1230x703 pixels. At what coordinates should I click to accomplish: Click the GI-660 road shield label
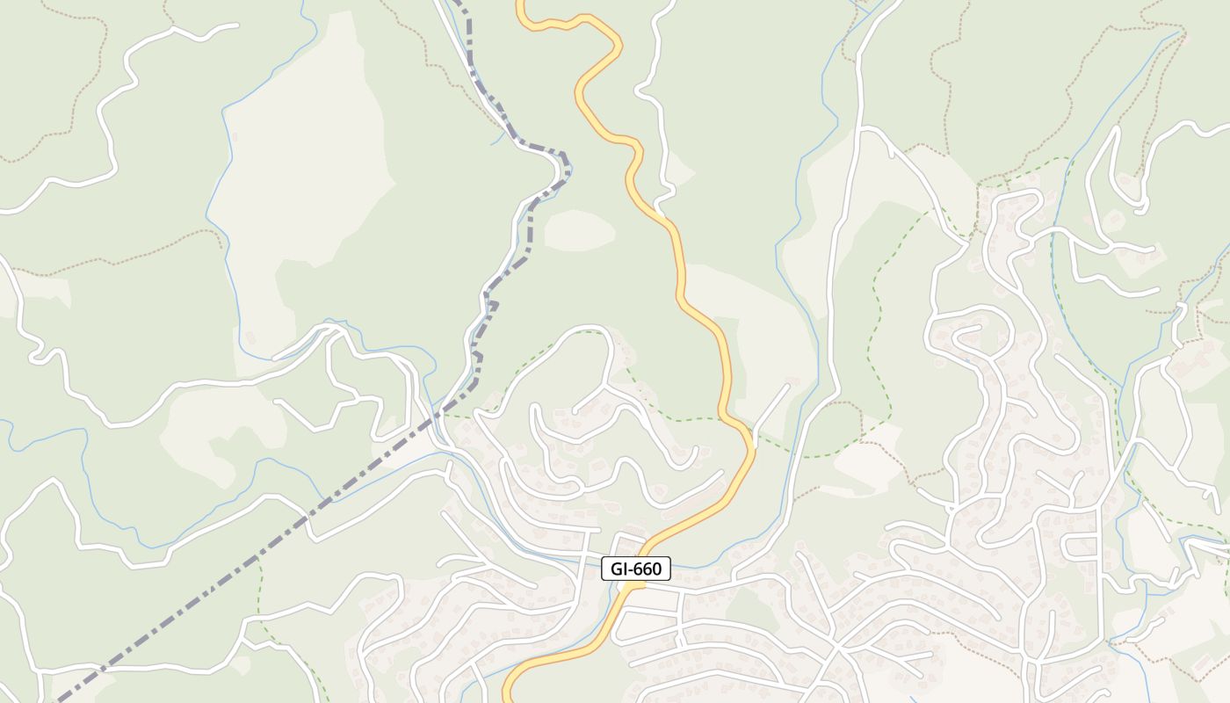point(636,569)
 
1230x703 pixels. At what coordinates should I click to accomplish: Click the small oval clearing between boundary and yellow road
point(579,230)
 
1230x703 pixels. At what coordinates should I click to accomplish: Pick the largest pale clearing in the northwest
point(299,176)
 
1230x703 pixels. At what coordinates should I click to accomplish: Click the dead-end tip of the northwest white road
point(235,25)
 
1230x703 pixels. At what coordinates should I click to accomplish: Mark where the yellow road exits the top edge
point(521,4)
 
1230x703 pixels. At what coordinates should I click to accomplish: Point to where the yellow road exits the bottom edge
point(507,699)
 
